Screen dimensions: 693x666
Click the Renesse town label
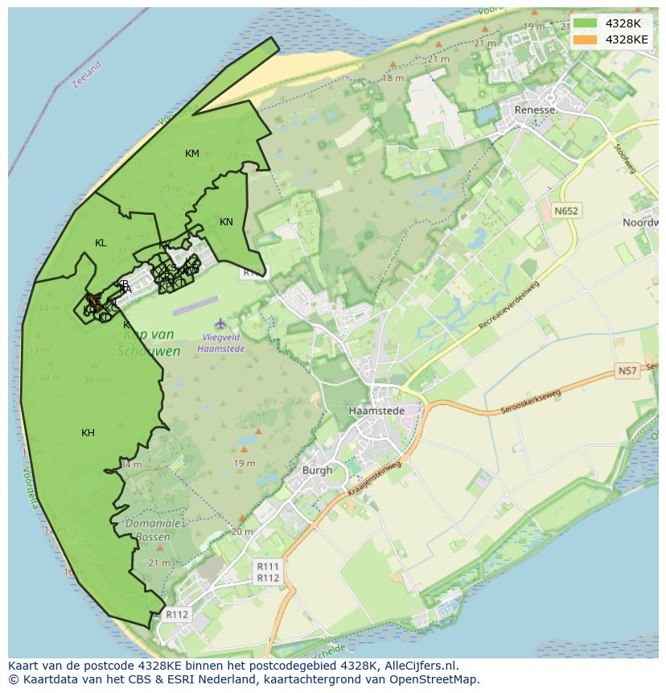click(x=535, y=110)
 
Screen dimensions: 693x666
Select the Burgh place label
click(x=316, y=470)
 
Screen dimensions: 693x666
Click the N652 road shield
click(x=565, y=211)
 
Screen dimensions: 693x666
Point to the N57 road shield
click(x=627, y=370)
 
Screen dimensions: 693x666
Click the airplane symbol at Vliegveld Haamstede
click(x=221, y=324)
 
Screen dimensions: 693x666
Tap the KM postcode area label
click(x=192, y=154)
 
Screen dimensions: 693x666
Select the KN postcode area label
click(x=226, y=222)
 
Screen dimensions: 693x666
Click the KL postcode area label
click(x=101, y=243)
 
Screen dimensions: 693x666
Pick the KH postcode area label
click(x=88, y=433)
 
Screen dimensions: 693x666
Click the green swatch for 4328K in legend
click(x=585, y=23)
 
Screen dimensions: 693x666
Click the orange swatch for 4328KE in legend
click(x=585, y=39)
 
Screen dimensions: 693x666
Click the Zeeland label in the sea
click(x=87, y=75)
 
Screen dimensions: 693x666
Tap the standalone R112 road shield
click(x=176, y=614)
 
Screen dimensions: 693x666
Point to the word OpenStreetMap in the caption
click(x=434, y=679)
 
